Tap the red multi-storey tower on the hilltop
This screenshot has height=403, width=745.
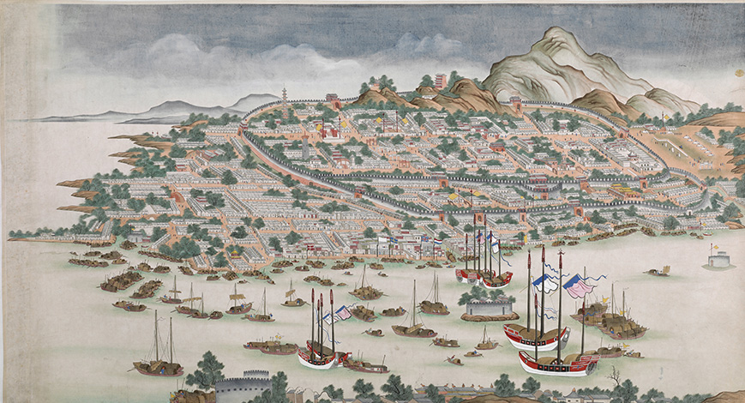(x=441, y=81)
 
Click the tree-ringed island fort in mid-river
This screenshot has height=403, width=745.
(x=490, y=304)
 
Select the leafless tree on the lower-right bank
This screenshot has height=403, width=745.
(x=614, y=377)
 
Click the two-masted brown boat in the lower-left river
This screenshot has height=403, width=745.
(x=159, y=364)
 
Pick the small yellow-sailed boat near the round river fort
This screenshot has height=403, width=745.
(x=659, y=271)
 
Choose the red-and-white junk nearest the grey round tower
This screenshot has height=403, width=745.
(x=317, y=356)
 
